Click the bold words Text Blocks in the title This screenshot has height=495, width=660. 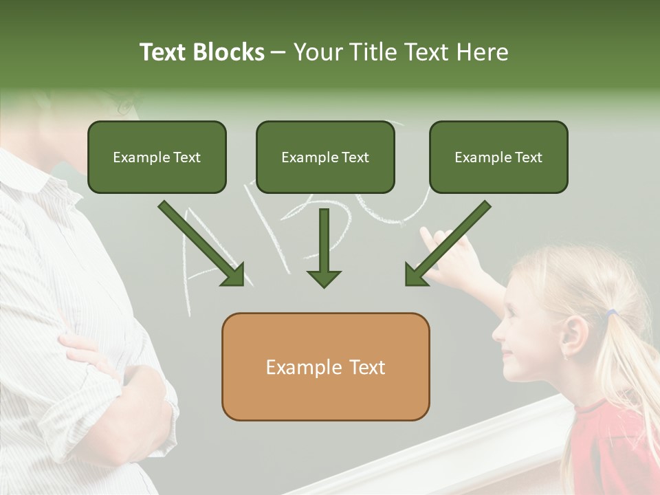coord(201,52)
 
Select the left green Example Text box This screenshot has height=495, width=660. coord(157,157)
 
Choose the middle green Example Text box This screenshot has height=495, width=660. coord(325,157)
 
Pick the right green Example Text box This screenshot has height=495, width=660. coord(498,157)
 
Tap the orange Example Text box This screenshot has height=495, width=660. coord(325,367)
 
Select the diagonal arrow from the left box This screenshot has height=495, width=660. coord(203,244)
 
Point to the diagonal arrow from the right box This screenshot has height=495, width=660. coord(447,244)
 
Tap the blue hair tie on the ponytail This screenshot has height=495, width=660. coord(611,314)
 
